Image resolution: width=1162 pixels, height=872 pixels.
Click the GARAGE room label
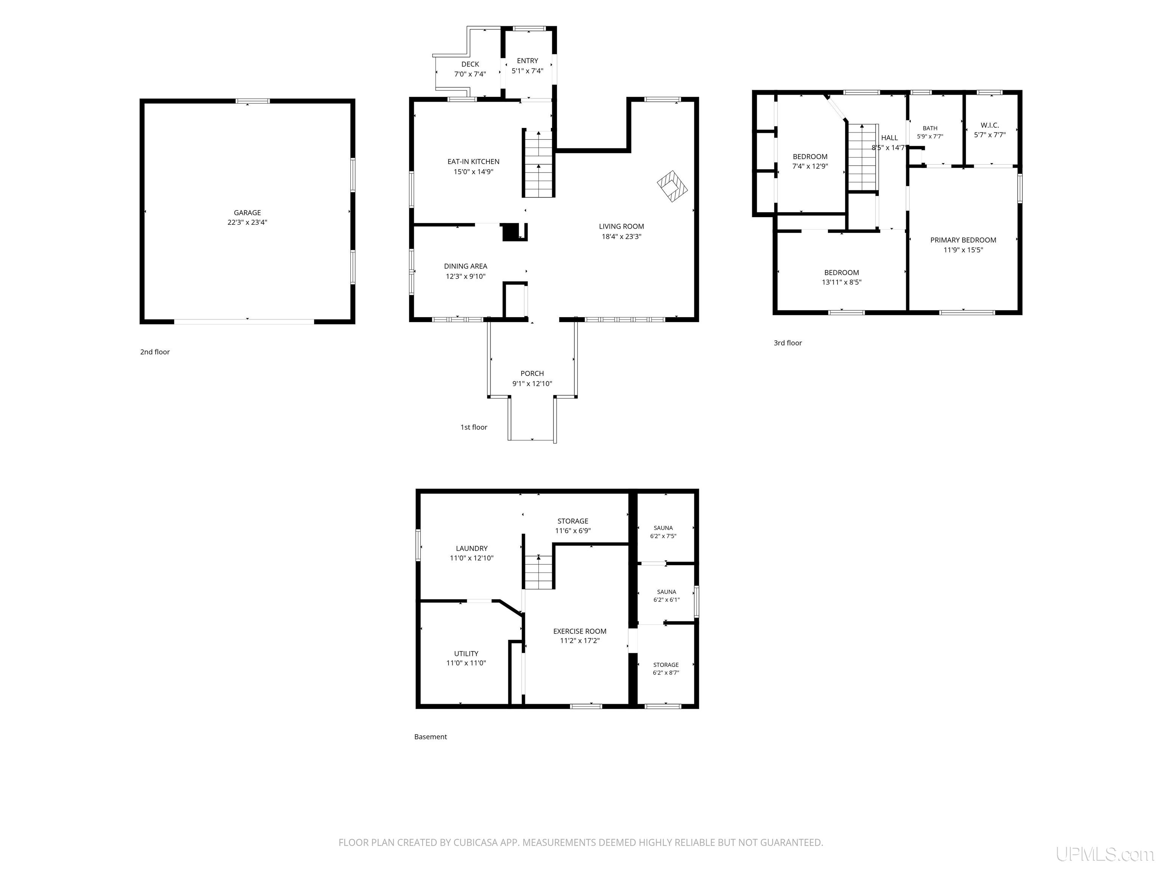click(247, 213)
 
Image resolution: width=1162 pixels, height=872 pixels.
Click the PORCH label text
click(532, 374)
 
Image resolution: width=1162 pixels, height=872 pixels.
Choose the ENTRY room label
click(527, 61)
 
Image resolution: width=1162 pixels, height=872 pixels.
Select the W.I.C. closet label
click(990, 125)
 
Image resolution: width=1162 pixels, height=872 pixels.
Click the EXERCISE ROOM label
click(579, 631)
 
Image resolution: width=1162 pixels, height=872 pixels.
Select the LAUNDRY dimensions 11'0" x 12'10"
click(471, 558)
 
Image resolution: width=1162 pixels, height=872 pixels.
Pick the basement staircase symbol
click(539, 572)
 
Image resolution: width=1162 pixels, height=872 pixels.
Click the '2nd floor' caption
click(155, 352)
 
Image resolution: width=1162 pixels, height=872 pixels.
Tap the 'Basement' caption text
click(430, 737)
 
